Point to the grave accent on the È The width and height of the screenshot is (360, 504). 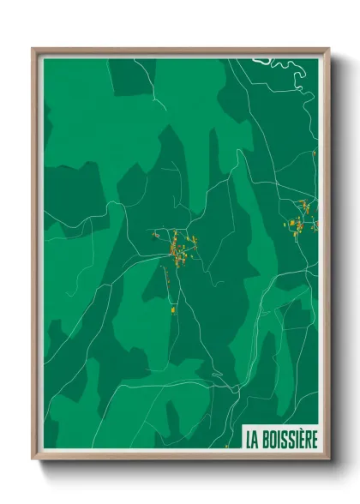pyautogui.click(x=301, y=433)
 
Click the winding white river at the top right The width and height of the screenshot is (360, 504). pyautogui.click(x=287, y=72)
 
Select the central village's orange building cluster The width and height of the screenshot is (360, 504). pyautogui.click(x=179, y=250)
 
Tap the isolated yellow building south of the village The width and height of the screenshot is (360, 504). pyautogui.click(x=173, y=309)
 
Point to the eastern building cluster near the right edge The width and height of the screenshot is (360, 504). pyautogui.click(x=302, y=216)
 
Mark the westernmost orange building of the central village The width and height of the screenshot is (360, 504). pyautogui.click(x=155, y=234)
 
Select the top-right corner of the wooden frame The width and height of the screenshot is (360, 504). pyautogui.click(x=328, y=50)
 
